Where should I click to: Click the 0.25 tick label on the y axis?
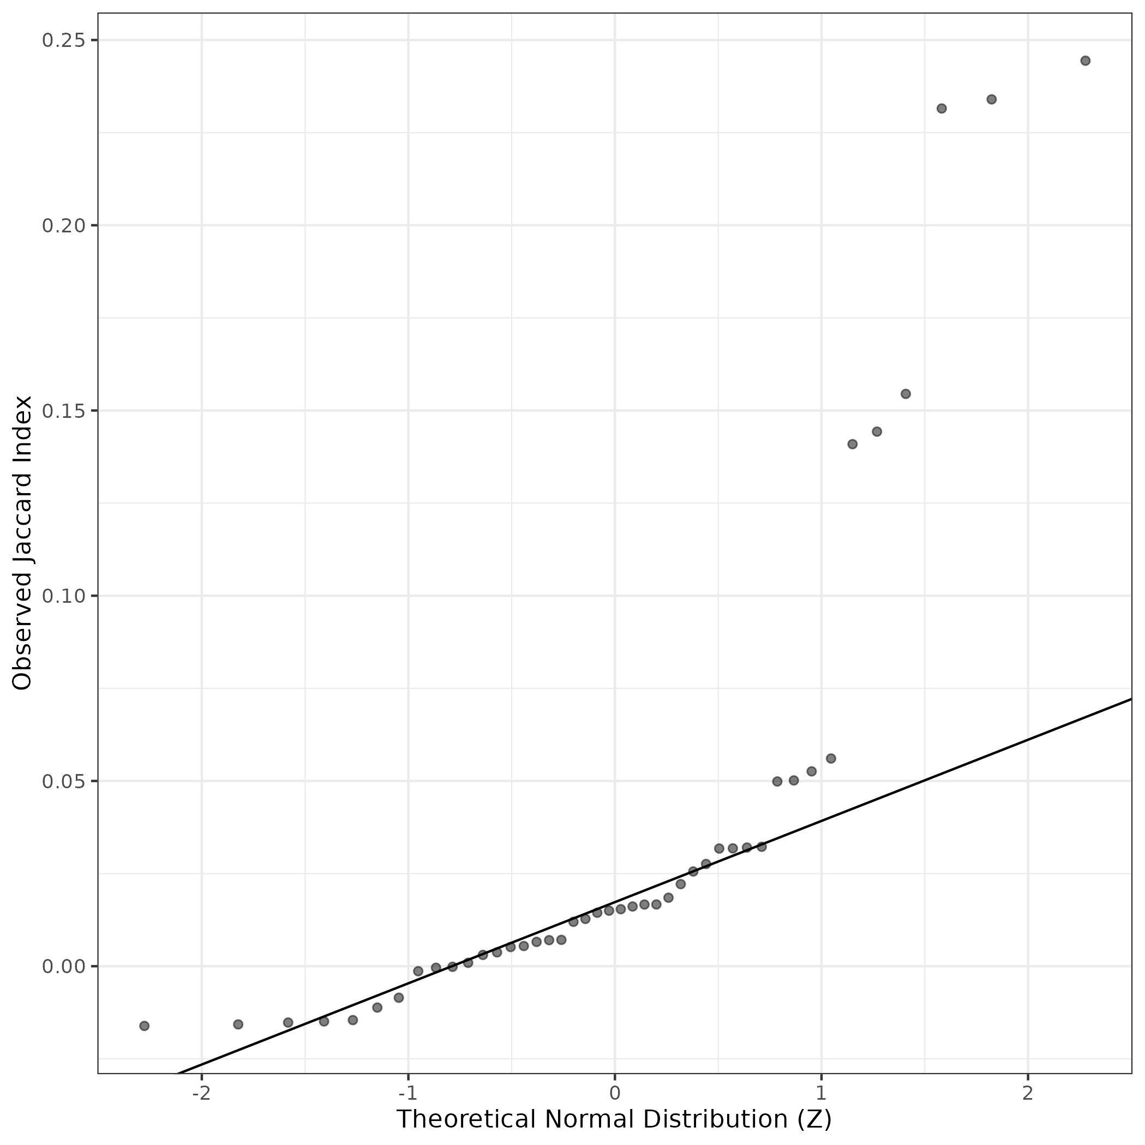point(61,40)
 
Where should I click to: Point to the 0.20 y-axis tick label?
point(61,226)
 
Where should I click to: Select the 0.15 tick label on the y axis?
point(61,411)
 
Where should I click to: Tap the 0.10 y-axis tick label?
point(61,596)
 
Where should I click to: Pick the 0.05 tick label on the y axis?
point(61,781)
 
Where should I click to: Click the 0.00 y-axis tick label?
point(61,966)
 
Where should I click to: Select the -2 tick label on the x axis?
point(201,1092)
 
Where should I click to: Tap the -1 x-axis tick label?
point(407,1092)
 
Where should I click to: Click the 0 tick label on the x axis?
point(615,1092)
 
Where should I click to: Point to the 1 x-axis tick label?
point(821,1092)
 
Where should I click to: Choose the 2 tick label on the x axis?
point(1028,1092)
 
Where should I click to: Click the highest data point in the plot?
point(1085,61)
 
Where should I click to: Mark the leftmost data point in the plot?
point(144,1026)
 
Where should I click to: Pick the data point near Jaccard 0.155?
point(906,394)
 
